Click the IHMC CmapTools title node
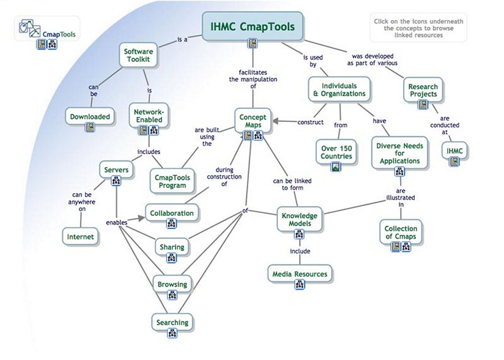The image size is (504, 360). tap(253, 27)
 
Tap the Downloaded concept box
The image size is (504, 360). tap(90, 116)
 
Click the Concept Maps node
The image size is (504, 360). tap(253, 120)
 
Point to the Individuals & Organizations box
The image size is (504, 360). tap(339, 89)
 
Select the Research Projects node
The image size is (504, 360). tap(423, 91)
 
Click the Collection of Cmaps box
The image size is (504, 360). tap(401, 233)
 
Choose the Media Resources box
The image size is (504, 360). tap(300, 274)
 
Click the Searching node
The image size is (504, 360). tap(172, 322)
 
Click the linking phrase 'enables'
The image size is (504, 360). tap(116, 223)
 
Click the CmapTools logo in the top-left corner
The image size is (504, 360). tap(46, 34)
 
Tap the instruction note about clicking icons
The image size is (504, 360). tap(418, 28)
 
